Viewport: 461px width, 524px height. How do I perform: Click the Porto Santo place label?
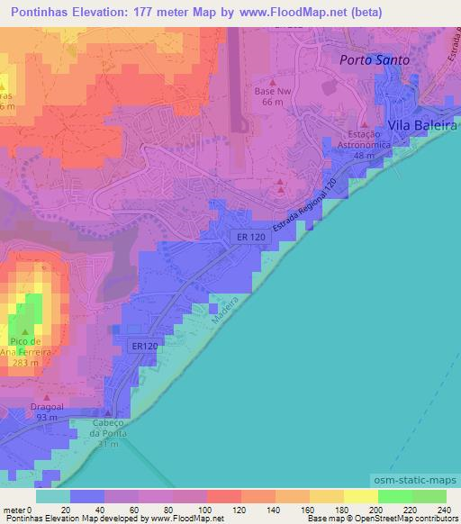(x=374, y=59)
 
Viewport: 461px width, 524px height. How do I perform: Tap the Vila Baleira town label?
(x=422, y=127)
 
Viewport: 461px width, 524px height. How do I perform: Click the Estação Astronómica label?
(x=365, y=141)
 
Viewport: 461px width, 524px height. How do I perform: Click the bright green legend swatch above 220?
(x=394, y=497)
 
